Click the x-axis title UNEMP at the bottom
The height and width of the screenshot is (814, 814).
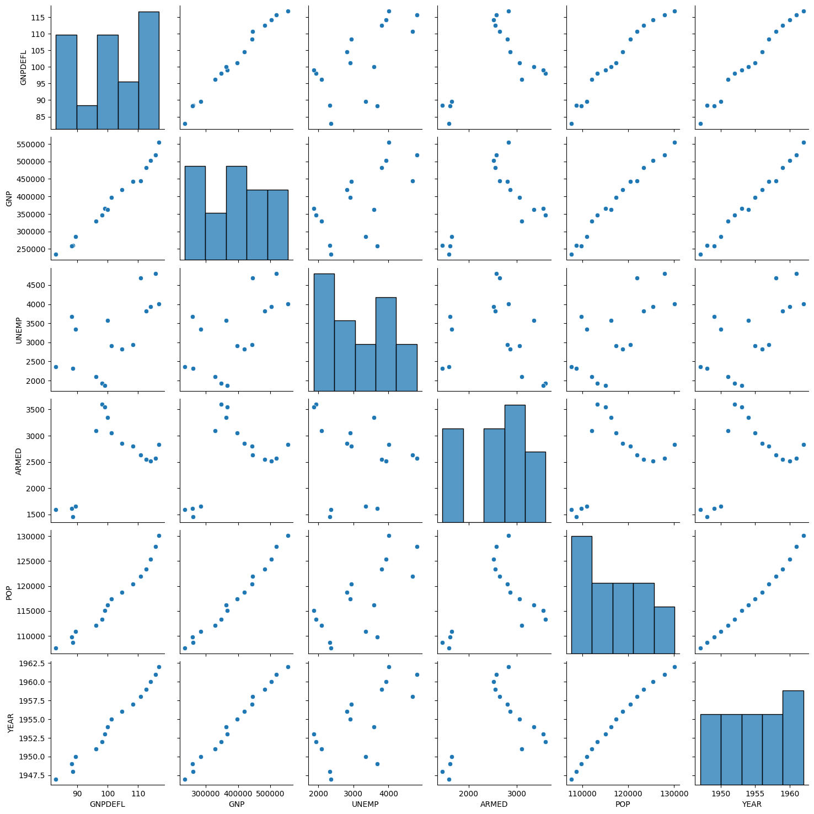pos(365,804)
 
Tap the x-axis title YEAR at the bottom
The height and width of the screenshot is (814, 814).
pos(752,804)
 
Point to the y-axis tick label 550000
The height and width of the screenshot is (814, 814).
pos(34,144)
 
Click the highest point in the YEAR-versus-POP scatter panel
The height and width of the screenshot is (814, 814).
pos(674,667)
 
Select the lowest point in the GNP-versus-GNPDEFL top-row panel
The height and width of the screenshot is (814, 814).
pos(185,124)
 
